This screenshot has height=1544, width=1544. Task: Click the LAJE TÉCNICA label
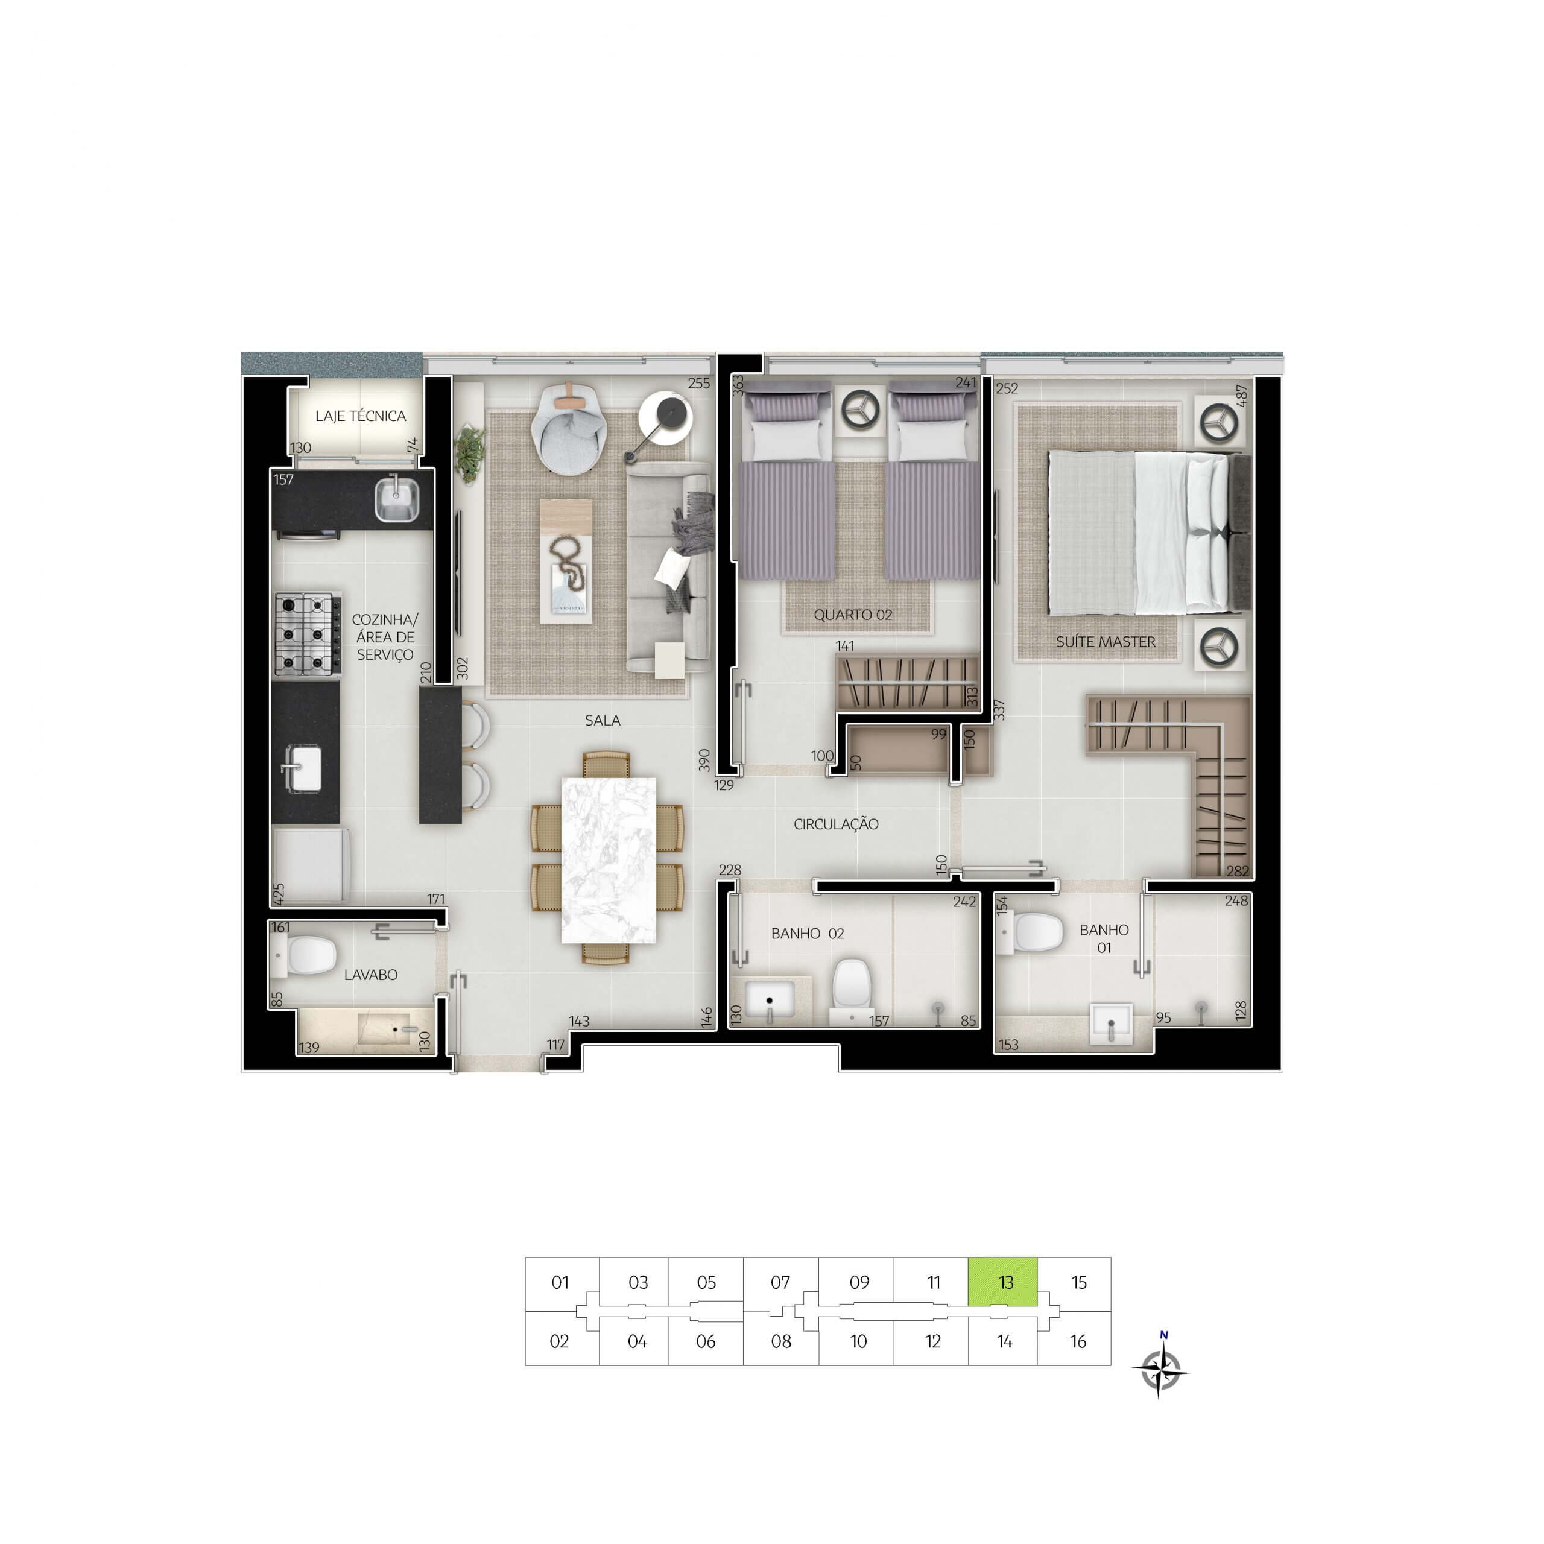[361, 416]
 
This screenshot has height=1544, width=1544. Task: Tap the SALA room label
[603, 720]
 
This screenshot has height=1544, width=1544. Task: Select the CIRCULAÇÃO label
[836, 824]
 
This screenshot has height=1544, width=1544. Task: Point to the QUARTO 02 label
[853, 615]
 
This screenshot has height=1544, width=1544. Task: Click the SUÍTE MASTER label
[1106, 642]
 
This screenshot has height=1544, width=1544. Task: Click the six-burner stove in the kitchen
[308, 635]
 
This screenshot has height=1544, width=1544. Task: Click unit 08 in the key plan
[781, 1342]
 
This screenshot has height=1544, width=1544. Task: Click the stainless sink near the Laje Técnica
[396, 499]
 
